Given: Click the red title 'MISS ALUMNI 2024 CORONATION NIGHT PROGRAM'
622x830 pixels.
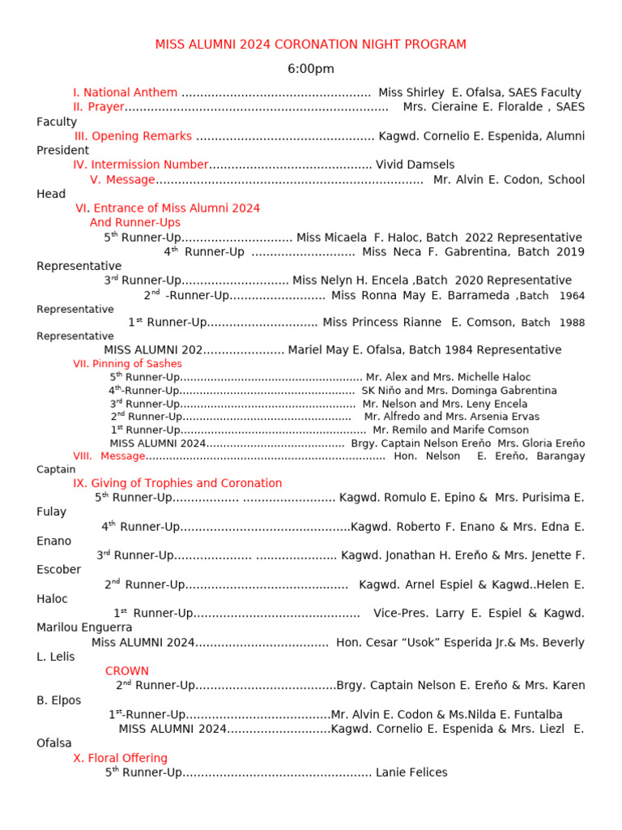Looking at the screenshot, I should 310,44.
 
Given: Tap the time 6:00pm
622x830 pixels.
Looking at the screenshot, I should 310,69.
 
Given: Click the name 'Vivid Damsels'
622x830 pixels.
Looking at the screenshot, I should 415,165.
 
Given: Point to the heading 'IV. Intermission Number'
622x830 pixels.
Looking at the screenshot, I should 141,165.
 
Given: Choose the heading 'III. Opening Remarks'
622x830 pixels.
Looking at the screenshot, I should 134,136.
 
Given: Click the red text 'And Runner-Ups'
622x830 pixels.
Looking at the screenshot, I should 135,222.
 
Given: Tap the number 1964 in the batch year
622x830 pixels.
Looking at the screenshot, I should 572,296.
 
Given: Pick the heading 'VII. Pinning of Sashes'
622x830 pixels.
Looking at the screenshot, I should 127,364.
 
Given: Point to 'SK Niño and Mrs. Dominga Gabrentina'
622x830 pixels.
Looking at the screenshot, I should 459,391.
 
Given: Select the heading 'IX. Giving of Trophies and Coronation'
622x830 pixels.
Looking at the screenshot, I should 177,483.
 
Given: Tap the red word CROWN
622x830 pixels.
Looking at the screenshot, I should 127,671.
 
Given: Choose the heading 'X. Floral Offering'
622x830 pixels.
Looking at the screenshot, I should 120,758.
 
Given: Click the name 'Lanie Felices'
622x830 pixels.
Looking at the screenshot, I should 411,772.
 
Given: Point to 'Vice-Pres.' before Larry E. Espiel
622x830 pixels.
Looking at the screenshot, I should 401,613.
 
